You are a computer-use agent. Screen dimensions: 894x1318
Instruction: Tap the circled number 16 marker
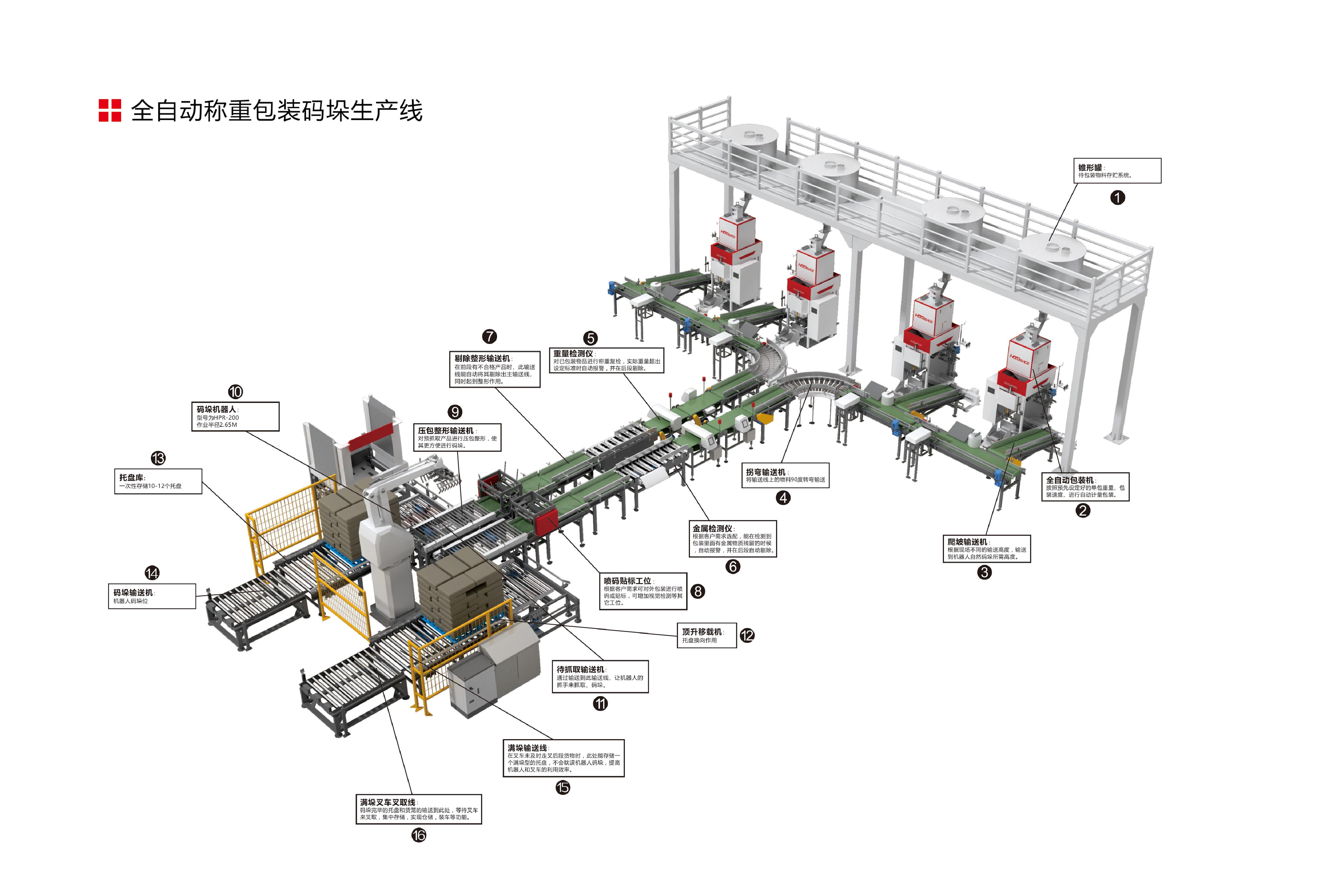(418, 835)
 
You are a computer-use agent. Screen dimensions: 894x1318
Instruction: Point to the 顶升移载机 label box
(707, 635)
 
